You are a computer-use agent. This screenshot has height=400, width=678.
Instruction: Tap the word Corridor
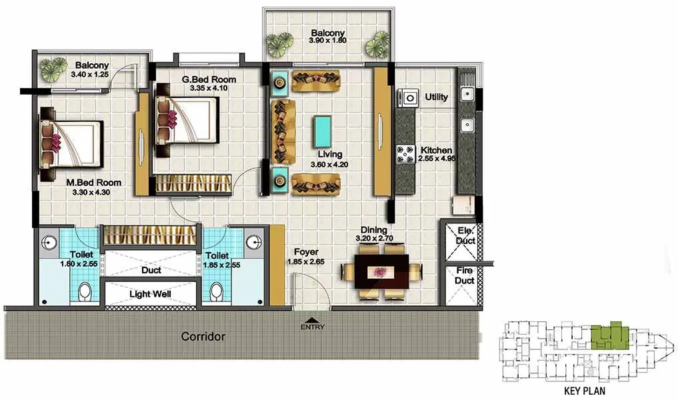pos(203,337)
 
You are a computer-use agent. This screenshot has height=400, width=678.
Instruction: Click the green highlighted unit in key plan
pos(607,335)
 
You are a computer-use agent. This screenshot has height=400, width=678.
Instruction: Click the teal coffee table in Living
pos(323,131)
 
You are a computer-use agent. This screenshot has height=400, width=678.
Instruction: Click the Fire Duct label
pos(465,275)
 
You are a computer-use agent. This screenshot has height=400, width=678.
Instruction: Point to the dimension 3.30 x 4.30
pos(93,193)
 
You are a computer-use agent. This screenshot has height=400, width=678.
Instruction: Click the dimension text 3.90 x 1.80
pos(327,41)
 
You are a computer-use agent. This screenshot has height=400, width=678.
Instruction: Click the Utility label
pos(437,97)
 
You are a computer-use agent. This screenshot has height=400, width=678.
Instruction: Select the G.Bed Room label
pos(209,79)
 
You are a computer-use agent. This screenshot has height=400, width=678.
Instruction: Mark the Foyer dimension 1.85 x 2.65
pos(305,262)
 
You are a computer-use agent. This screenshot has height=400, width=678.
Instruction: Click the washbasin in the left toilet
pos(48,241)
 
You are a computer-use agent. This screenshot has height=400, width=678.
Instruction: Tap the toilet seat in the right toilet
pos(215,291)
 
